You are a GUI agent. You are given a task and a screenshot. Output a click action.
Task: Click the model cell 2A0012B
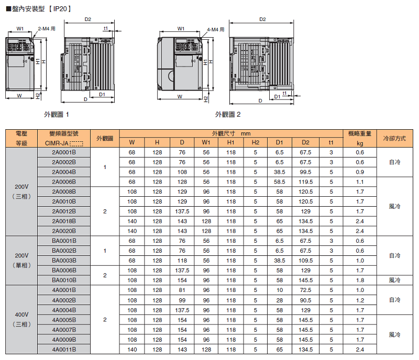(64, 211)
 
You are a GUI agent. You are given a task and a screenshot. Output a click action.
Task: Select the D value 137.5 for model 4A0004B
(182, 310)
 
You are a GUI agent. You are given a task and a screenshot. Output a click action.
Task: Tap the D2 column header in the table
(305, 142)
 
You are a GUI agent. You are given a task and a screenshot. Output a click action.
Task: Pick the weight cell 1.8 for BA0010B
(360, 280)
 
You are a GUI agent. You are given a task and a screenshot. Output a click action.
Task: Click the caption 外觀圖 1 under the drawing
(57, 115)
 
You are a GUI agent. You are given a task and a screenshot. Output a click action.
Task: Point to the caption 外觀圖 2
(228, 115)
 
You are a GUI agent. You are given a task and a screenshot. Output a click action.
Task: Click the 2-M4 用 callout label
(47, 29)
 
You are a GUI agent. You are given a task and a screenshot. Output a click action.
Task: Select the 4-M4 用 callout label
(215, 30)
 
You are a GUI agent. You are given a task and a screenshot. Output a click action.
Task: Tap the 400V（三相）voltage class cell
(21, 319)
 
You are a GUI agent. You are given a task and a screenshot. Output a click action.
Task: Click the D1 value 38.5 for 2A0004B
(279, 172)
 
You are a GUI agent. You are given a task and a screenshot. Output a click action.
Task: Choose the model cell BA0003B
(64, 261)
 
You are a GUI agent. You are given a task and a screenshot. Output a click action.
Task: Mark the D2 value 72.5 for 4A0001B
(305, 290)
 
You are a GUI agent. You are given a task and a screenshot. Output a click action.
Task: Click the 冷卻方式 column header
(394, 138)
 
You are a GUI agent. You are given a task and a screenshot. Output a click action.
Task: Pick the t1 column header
(331, 142)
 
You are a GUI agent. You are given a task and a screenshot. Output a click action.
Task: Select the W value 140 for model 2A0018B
(132, 221)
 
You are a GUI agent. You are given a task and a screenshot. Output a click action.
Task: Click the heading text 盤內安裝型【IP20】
(39, 9)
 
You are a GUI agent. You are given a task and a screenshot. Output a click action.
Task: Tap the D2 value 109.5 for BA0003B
(305, 261)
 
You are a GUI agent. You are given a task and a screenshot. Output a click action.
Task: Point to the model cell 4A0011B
(64, 350)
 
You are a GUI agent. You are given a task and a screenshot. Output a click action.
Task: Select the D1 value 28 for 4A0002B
(279, 300)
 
